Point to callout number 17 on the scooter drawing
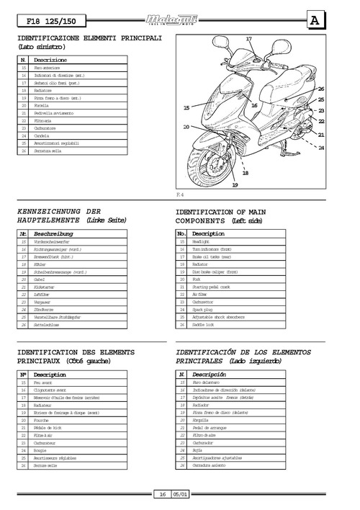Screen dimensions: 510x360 [x=249, y=38]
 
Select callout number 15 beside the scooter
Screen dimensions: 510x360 [x=186, y=107]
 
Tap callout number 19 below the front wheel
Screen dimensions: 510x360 [x=235, y=185]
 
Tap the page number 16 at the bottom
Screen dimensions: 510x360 [x=164, y=495]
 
